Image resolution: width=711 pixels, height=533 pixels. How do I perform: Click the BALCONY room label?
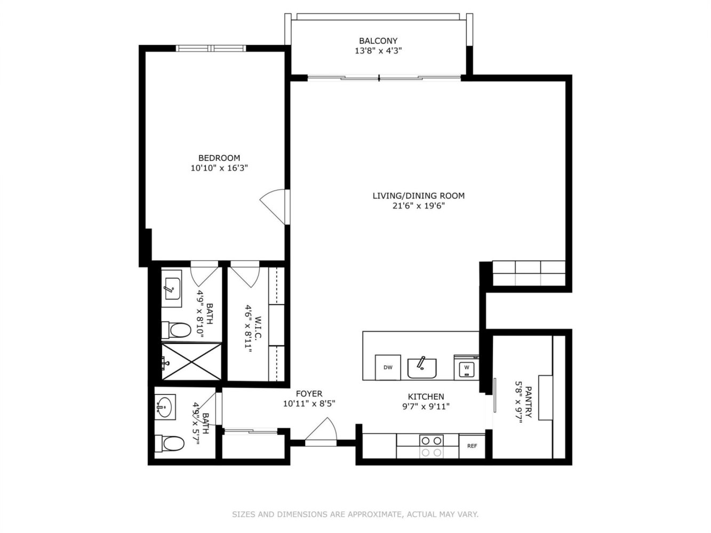pos(378,41)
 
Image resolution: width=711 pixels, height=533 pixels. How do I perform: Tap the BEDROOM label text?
pos(219,158)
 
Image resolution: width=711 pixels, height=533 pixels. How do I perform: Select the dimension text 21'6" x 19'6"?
pos(419,206)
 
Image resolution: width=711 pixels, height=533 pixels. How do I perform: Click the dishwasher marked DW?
pos(388,367)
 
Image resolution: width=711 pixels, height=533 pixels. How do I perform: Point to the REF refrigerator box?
pos(472,446)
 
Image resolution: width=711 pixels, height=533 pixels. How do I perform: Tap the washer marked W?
pos(466,367)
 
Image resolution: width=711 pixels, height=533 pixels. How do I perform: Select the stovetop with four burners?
pos(431,446)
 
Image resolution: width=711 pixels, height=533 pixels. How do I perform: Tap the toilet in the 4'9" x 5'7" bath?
pos(170,443)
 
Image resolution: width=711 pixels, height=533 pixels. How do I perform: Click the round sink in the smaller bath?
pos(165,407)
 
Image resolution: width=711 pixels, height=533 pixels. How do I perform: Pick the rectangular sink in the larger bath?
pos(171,289)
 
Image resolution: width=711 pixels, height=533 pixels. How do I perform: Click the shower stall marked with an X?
pos(191,361)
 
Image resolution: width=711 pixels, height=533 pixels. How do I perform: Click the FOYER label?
pos(309,394)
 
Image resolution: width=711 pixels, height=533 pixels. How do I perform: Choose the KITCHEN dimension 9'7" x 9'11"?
pos(426,406)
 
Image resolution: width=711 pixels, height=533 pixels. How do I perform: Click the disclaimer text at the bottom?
pos(355,514)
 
